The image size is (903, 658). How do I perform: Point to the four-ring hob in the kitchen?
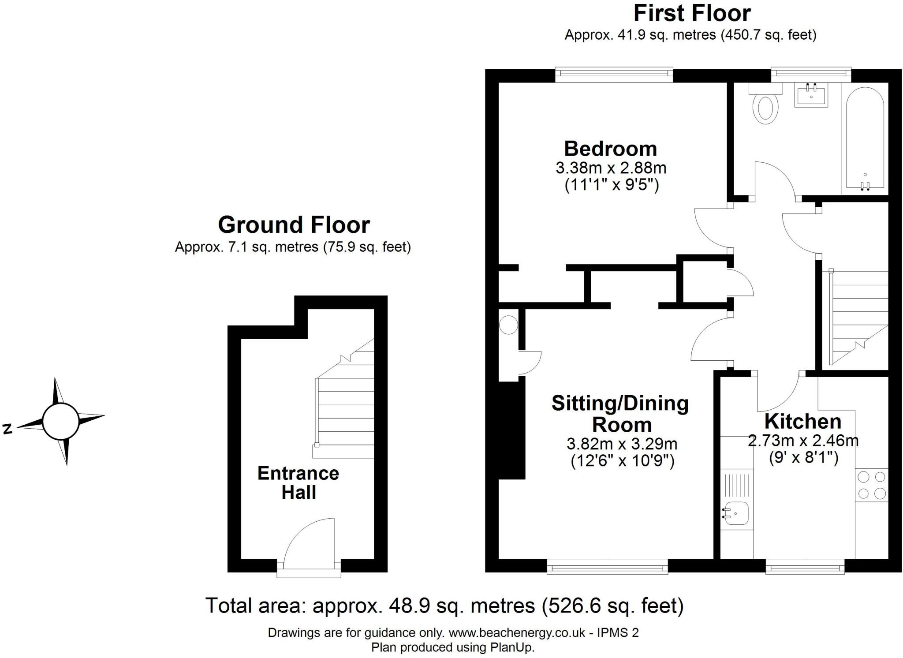coord(872,485)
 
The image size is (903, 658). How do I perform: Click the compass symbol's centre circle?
coord(60,421)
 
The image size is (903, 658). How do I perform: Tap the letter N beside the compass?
coord(7,429)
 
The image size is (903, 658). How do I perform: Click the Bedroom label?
coord(610,149)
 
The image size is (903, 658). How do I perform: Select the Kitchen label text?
coord(802,421)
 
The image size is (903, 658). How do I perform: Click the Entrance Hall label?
coord(299,482)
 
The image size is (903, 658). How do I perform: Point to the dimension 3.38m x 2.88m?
coord(610,168)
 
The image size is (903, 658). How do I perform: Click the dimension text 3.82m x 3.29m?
coord(622,443)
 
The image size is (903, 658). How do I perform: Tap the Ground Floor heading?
coord(294,225)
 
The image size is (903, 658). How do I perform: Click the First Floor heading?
coord(691,13)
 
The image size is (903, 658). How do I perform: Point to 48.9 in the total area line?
coord(409,606)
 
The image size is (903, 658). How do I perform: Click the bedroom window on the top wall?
coord(614,75)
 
